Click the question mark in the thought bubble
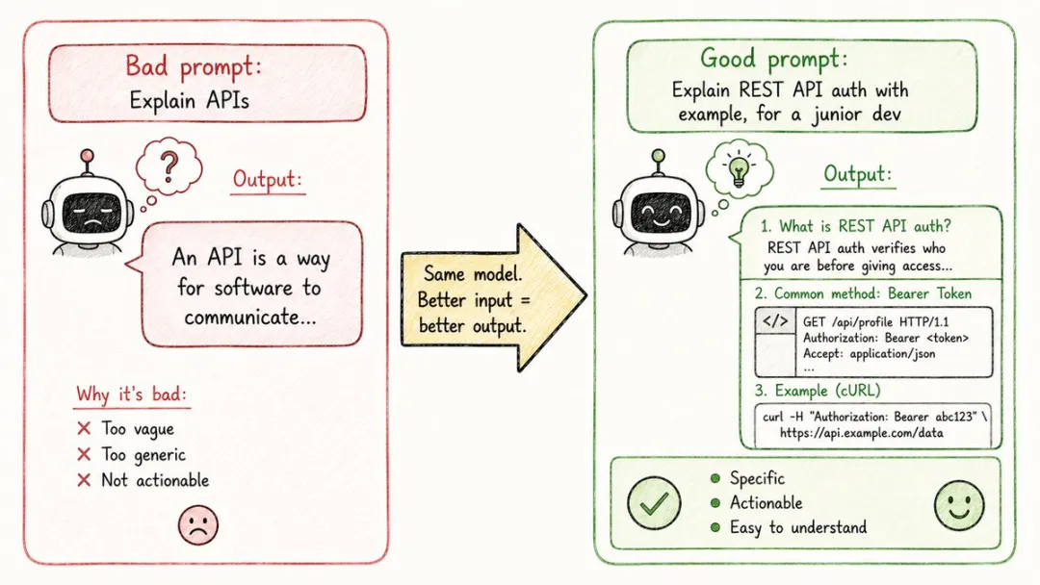coord(169,166)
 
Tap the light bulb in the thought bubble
coord(739,169)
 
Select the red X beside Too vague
coord(84,428)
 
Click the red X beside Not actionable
coord(84,480)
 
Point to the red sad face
coord(197,524)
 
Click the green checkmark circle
coord(654,503)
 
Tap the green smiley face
coord(959,505)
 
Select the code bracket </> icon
coord(775,322)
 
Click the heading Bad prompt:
coord(194,66)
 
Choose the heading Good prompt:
coord(774,59)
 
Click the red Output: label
coord(268,179)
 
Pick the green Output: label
coord(858,174)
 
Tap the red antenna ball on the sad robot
coord(87,156)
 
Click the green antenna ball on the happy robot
coord(658,156)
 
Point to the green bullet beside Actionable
coord(715,503)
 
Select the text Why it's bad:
coord(131,394)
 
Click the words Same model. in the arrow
coord(473,273)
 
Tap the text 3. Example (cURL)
coord(818,391)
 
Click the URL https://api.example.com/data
coord(862,433)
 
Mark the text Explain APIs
coord(189,101)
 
